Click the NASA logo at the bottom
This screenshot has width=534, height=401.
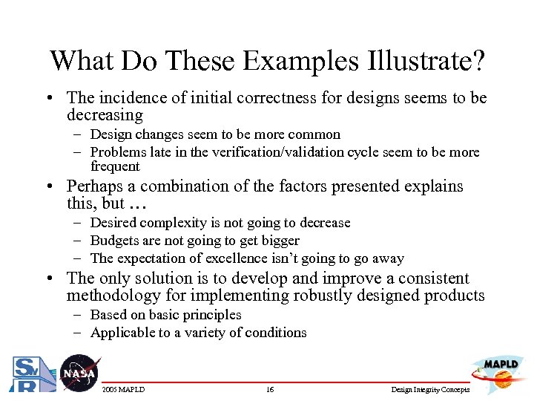(x=79, y=374)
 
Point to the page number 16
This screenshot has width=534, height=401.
(x=270, y=390)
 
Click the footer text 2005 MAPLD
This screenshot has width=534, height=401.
(x=124, y=390)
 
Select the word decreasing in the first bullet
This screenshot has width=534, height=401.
(x=105, y=115)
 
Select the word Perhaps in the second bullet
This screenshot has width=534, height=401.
(x=92, y=186)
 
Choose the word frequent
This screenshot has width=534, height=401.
(x=115, y=166)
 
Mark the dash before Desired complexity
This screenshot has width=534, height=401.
(x=77, y=223)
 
